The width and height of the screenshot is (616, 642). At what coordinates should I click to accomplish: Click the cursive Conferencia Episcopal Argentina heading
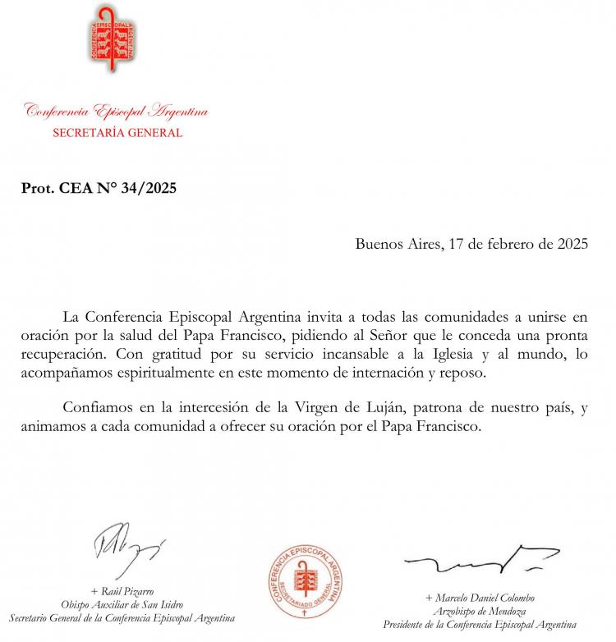[x=116, y=111]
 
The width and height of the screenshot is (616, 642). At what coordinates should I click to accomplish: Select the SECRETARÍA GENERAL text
[x=117, y=132]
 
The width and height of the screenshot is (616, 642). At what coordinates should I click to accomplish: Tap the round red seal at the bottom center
[x=307, y=585]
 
